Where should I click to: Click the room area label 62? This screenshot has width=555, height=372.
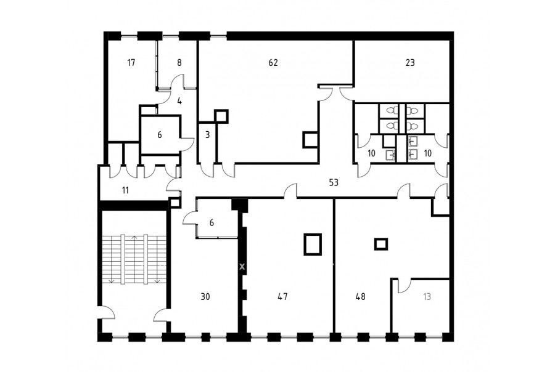[273, 63]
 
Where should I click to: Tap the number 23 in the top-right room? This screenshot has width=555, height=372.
[410, 63]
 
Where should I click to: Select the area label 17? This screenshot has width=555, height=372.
[131, 63]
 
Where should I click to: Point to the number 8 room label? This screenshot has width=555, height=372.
[179, 63]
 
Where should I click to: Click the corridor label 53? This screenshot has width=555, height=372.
[334, 183]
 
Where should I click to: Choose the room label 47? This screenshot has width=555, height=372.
[282, 297]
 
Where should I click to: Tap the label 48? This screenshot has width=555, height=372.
[360, 297]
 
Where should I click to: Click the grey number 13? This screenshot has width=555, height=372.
[427, 297]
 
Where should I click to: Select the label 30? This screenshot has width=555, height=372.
[205, 297]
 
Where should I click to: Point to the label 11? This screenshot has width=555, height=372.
[125, 190]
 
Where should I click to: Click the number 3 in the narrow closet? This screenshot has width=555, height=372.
[207, 135]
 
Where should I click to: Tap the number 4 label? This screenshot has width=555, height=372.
[179, 101]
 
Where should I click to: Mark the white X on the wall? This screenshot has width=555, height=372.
[242, 267]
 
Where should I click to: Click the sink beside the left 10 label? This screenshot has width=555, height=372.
[390, 155]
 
